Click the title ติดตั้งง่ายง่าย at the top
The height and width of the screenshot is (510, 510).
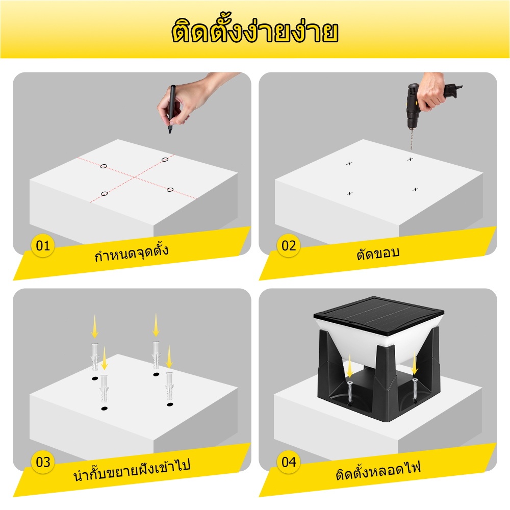pyautogui.click(x=255, y=31)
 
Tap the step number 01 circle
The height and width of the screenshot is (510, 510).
pyautogui.click(x=43, y=246)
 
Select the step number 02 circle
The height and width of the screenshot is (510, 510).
pyautogui.click(x=289, y=246)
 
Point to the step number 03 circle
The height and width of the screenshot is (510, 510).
pyautogui.click(x=43, y=462)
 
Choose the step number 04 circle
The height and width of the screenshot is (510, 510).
pyautogui.click(x=289, y=462)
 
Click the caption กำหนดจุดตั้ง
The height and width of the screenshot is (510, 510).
pyautogui.click(x=132, y=253)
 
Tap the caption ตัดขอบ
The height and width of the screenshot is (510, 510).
pyautogui.click(x=377, y=253)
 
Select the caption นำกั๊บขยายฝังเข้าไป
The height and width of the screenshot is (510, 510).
pyautogui.click(x=132, y=469)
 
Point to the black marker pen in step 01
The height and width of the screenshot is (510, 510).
pyautogui.click(x=171, y=109)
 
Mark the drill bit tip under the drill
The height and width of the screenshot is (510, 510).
pyautogui.click(x=411, y=149)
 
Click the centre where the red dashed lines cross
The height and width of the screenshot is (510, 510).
pyautogui.click(x=135, y=177)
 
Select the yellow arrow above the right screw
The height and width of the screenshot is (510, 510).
pyautogui.click(x=414, y=365)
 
